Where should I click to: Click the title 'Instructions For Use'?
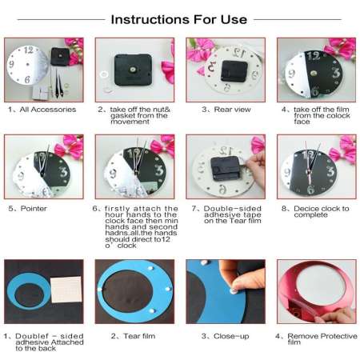click(179, 18)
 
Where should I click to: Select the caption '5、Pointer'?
click(28, 209)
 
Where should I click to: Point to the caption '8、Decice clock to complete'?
click(308, 213)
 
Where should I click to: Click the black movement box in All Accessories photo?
click(62, 58)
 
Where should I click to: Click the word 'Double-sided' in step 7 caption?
click(222, 209)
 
